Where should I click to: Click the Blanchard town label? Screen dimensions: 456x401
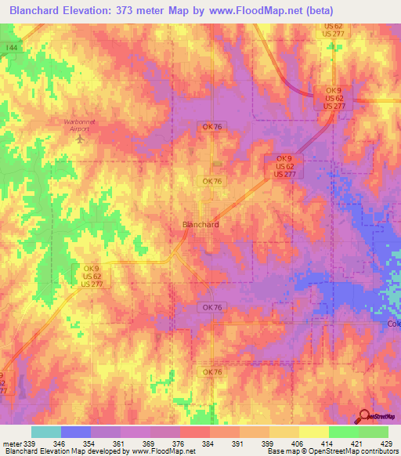(x=200, y=224)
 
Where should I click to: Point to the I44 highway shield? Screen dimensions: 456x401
(x=10, y=49)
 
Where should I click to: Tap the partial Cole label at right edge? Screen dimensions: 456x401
(x=393, y=324)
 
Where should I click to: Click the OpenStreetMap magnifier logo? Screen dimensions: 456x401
(x=364, y=416)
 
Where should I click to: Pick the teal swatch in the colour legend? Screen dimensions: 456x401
(x=46, y=432)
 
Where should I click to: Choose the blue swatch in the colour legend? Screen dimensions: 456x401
(x=76, y=432)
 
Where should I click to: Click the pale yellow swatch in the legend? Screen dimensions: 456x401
(x=314, y=432)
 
